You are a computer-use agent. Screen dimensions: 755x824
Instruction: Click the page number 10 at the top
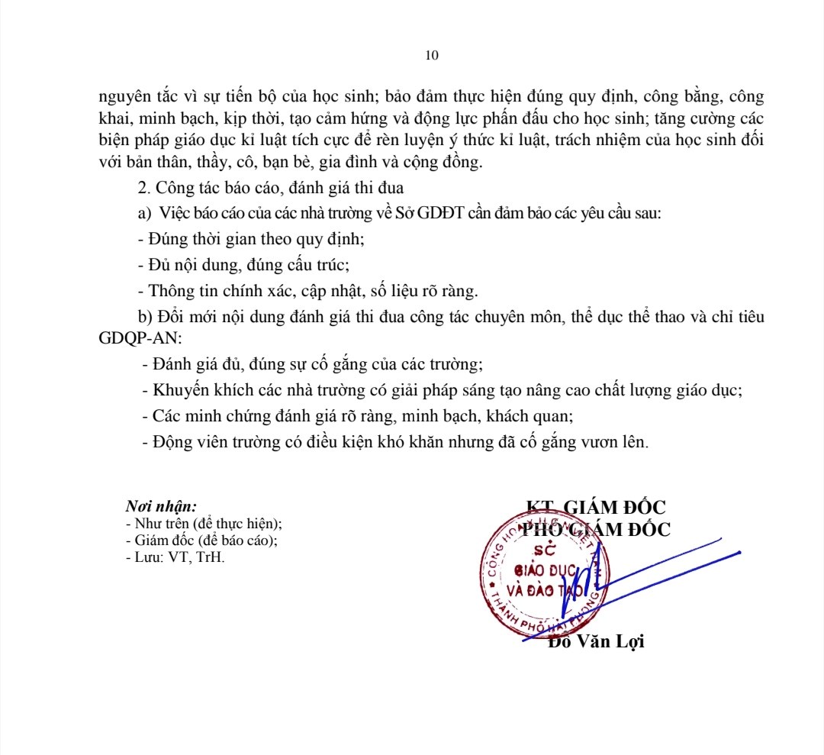point(432,55)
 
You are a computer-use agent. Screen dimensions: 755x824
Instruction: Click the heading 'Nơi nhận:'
point(161,505)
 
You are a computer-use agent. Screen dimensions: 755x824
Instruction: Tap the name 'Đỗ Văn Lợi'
point(597,641)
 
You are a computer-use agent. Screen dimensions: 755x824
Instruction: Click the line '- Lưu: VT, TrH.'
point(175,557)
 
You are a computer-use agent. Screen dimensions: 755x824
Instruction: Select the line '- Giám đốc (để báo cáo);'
point(201,540)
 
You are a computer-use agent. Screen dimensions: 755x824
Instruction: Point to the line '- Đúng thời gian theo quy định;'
point(251,239)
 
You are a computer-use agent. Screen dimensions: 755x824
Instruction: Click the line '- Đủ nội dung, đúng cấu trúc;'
point(243,265)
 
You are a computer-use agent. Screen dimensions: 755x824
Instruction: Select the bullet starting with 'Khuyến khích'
point(443,390)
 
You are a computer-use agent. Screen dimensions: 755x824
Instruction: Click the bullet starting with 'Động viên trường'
point(395,442)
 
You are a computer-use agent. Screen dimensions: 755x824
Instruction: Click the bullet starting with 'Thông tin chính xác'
point(308,291)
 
